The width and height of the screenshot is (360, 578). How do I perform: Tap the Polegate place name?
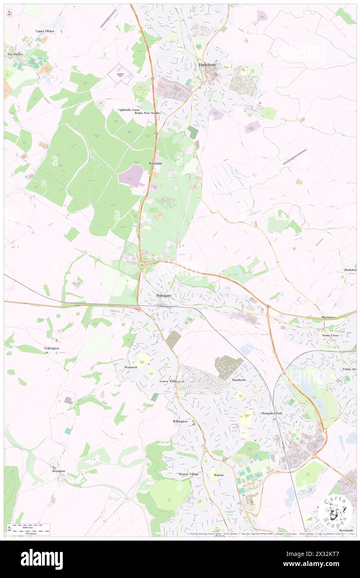164,295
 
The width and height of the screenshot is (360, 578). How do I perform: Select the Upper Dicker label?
45,31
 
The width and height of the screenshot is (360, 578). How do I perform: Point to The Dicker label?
15,54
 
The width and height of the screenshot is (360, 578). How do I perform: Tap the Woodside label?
155,163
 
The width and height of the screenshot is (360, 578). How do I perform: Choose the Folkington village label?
52,348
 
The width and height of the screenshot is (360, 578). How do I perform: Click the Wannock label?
131,367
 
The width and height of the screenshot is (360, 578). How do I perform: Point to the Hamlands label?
239,380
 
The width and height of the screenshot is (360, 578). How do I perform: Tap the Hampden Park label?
272,413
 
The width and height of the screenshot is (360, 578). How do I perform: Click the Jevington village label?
59,471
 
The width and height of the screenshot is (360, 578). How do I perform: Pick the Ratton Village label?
189,474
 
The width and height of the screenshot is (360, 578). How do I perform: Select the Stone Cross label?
330,335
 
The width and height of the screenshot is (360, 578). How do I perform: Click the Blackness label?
328,317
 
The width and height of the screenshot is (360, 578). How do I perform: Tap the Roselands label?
346,531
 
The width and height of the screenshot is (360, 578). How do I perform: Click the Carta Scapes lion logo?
335,512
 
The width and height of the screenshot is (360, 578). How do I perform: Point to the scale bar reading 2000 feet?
29,527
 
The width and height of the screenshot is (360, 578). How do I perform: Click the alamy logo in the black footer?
42,559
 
